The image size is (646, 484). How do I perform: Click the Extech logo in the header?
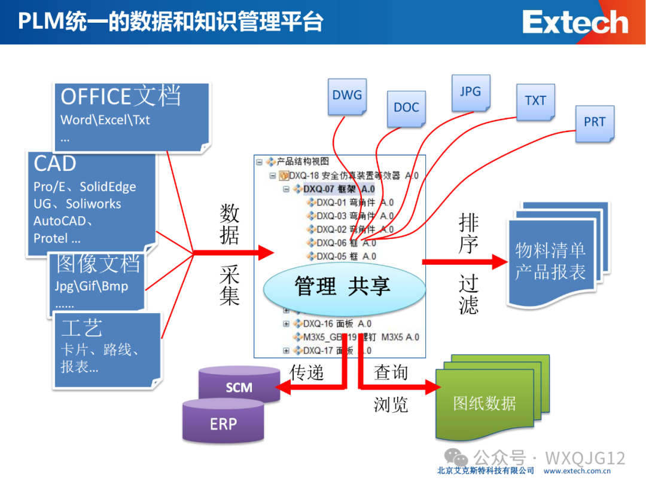[575, 23]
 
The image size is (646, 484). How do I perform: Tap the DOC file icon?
[406, 108]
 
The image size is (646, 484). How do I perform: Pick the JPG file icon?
[470, 92]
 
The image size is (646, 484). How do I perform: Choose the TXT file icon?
[535, 101]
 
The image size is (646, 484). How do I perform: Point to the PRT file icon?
[595, 122]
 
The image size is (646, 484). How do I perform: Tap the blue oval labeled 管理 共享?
[343, 286]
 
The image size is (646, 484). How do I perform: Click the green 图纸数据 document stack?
[484, 403]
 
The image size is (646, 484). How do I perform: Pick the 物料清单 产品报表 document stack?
[550, 261]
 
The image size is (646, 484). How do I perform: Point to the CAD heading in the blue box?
[55, 164]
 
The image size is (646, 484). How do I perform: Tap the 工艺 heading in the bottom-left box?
[82, 328]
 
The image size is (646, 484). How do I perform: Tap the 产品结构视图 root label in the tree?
[303, 162]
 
